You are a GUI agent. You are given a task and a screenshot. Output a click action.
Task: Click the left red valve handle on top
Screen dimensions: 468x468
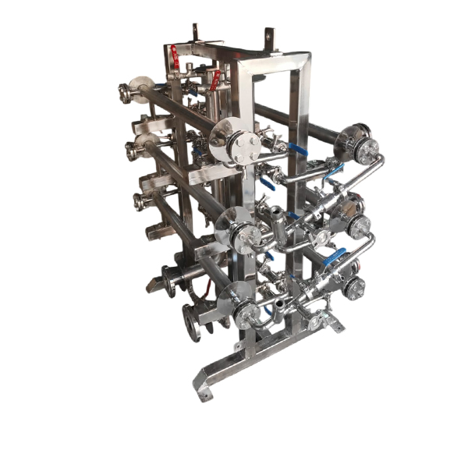175,56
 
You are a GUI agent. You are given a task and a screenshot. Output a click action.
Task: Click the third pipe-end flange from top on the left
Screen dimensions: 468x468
140,201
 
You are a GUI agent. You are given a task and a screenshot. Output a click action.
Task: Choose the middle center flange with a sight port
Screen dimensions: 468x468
243,232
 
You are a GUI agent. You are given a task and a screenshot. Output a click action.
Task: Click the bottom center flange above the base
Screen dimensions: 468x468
243,313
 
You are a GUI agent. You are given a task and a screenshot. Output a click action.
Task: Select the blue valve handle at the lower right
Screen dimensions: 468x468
335,256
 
